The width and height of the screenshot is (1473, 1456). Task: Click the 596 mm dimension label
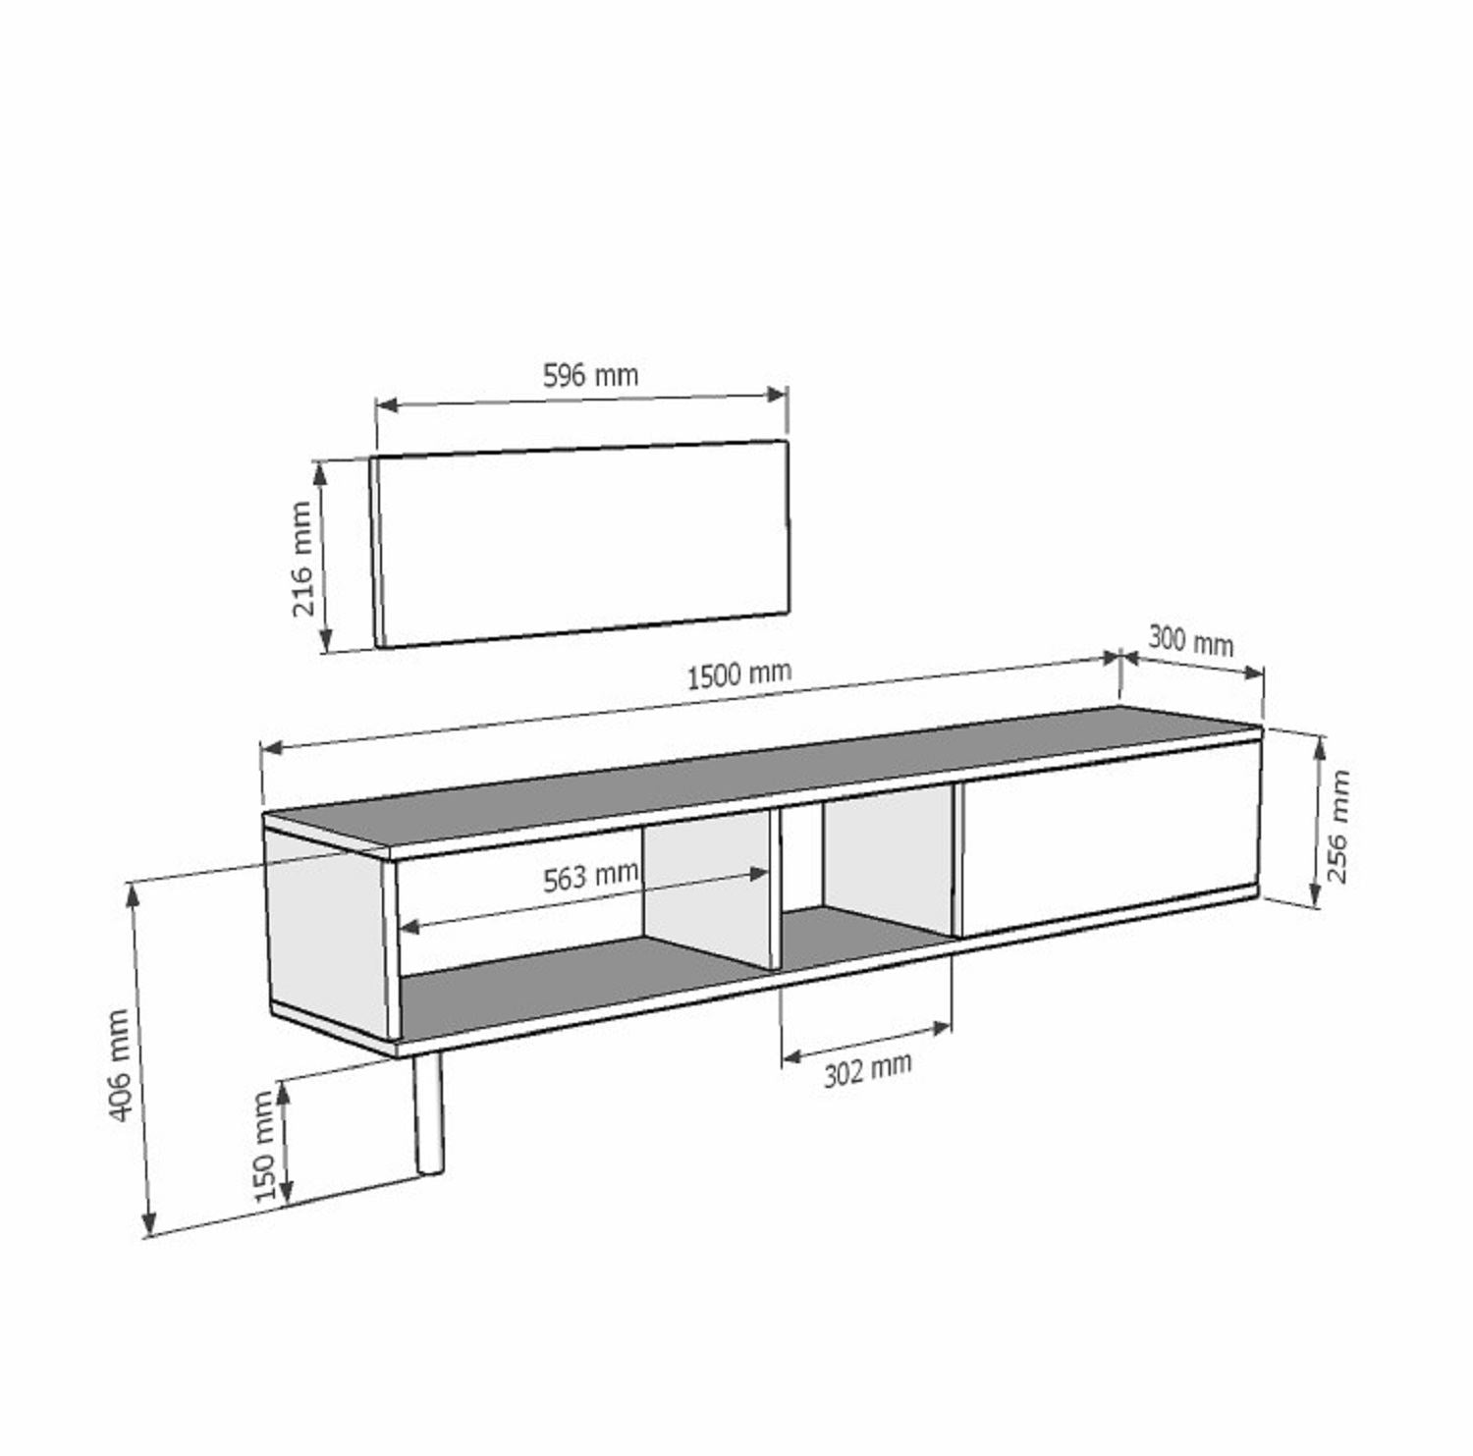590,375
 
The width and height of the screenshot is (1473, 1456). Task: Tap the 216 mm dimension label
303,559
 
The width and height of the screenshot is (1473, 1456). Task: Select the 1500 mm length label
738,675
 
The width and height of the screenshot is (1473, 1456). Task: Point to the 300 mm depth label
1190,641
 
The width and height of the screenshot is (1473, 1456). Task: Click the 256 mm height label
1338,827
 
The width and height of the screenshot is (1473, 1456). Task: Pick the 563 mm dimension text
590,876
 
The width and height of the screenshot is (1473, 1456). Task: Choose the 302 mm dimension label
867,1068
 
